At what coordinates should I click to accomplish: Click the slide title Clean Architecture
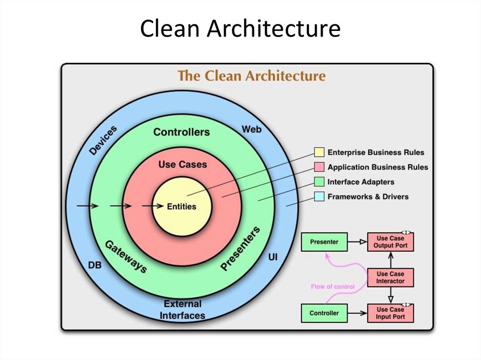click(240, 29)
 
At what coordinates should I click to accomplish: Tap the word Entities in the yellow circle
click(182, 206)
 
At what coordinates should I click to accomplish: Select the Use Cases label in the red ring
click(183, 164)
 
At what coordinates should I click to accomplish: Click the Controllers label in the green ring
click(181, 132)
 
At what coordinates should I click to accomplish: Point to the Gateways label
click(125, 257)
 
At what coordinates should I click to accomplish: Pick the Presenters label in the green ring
click(240, 248)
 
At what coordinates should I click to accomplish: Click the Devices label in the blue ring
click(103, 140)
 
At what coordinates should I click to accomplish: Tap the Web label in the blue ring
click(251, 129)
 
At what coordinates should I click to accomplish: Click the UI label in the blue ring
click(272, 257)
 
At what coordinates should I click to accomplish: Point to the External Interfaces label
click(182, 310)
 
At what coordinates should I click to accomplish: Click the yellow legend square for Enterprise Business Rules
click(319, 152)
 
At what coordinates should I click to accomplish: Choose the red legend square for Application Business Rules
click(319, 167)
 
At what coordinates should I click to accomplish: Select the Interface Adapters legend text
click(361, 182)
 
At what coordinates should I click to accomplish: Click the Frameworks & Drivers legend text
click(368, 197)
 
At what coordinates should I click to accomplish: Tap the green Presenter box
click(324, 242)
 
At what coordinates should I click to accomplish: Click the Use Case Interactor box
click(390, 277)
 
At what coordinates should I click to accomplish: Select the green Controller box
click(324, 313)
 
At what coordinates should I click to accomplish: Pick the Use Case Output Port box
click(390, 242)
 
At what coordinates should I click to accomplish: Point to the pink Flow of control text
click(333, 286)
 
